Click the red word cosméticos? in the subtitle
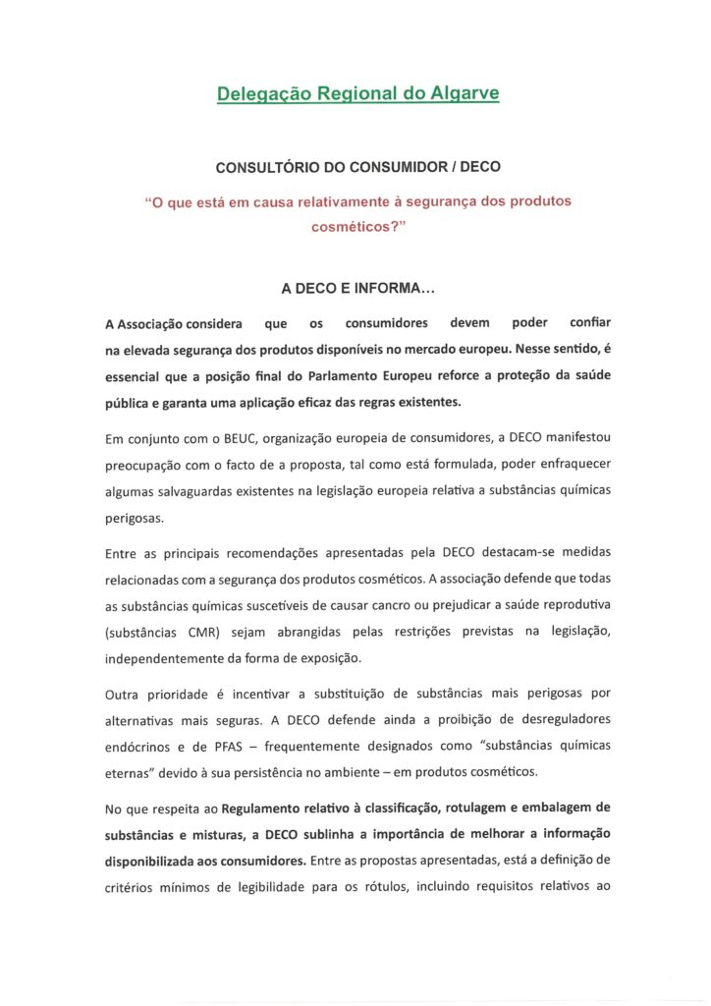356,225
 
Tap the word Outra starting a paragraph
122,695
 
